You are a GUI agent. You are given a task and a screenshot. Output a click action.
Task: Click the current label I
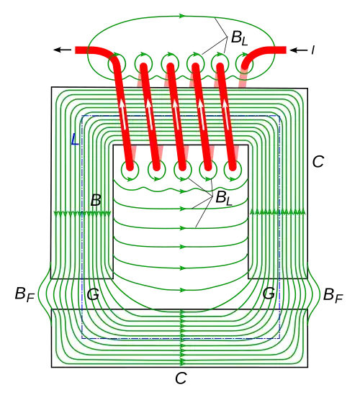(313, 50)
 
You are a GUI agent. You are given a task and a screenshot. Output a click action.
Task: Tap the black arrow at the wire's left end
(62, 50)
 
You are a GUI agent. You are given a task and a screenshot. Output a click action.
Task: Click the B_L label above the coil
(239, 38)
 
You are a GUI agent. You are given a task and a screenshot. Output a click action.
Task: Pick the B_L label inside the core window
(224, 198)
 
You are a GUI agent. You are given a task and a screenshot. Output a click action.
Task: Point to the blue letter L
(75, 140)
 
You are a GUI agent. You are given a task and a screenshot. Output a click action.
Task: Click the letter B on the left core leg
(96, 200)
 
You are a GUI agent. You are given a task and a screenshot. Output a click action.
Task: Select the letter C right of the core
(318, 161)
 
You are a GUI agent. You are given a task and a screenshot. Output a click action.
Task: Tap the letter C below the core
(181, 378)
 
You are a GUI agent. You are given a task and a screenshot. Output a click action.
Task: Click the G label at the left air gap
(93, 294)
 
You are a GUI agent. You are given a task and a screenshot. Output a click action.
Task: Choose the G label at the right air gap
(269, 294)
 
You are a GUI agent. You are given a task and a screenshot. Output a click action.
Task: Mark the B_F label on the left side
(24, 294)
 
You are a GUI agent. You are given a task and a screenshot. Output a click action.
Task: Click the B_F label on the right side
(333, 294)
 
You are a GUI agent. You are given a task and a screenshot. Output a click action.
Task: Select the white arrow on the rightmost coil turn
(226, 114)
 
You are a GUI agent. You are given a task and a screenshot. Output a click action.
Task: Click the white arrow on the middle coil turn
(174, 114)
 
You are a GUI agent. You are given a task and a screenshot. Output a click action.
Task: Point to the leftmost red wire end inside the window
(130, 167)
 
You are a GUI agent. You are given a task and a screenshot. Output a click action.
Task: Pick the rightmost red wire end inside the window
(233, 167)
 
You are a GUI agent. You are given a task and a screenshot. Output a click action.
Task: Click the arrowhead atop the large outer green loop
(182, 16)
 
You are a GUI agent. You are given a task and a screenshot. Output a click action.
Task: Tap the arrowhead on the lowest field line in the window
(181, 290)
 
